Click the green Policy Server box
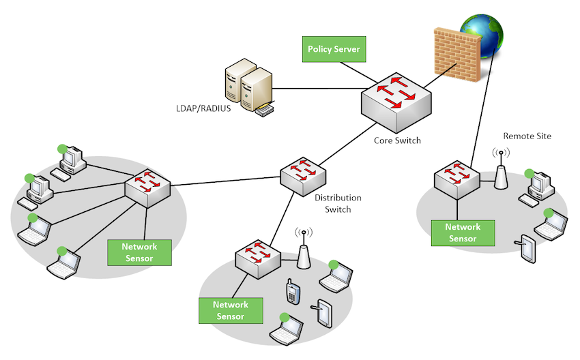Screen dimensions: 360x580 [x=334, y=49]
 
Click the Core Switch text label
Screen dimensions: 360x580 [x=397, y=140]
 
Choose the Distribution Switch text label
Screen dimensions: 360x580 [x=338, y=203]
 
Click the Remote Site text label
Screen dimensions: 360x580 [x=527, y=136]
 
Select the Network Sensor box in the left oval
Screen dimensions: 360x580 [x=139, y=252]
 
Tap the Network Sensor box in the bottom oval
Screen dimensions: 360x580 [x=231, y=310]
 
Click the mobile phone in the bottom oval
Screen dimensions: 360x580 [x=293, y=292]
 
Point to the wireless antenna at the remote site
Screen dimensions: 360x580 [x=501, y=170]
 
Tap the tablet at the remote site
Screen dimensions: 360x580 [x=526, y=248]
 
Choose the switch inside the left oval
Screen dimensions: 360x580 [x=147, y=187]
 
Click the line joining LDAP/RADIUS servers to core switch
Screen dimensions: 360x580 [x=314, y=89]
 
